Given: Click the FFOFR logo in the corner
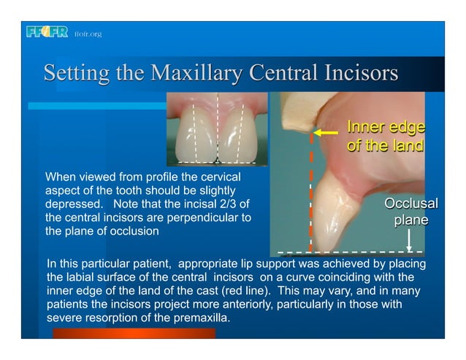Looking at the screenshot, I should click(x=46, y=32).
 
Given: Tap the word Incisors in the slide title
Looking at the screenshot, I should click(x=358, y=74).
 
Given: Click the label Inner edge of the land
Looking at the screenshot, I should click(x=385, y=136).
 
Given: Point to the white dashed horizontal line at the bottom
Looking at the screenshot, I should click(x=351, y=252).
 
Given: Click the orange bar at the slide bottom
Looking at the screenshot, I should click(x=134, y=333).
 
